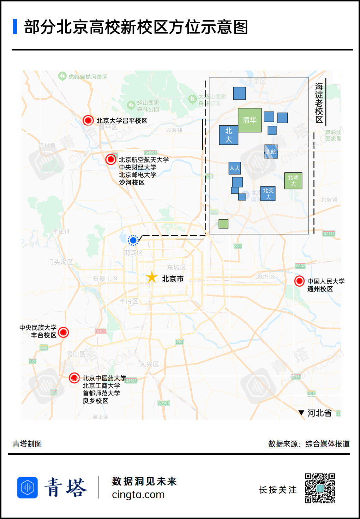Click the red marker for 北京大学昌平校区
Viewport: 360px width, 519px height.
pos(88,120)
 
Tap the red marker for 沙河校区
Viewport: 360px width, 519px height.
pos(111,159)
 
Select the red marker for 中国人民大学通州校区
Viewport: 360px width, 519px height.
pos(299,281)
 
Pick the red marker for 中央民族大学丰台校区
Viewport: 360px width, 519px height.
pos(63,332)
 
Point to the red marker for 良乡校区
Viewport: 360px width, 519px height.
pos(74,378)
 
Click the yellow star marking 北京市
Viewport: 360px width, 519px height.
pos(152,278)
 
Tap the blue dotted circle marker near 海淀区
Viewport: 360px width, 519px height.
pos(133,240)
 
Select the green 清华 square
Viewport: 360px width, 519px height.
pos(250,120)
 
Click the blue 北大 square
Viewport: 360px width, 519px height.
pos(228,135)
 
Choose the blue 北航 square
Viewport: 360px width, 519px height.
pos(271,151)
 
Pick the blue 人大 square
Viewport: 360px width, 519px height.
pos(235,168)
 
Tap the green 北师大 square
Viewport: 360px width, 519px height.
pos(293,180)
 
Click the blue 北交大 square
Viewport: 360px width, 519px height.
pos(268,193)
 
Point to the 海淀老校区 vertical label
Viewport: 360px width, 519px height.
pos(319,102)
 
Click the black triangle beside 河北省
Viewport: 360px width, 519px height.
pos(301,413)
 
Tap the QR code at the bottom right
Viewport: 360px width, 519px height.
pos(320,488)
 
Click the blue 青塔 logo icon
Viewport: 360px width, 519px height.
pos(28,488)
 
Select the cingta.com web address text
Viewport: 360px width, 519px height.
pos(138,495)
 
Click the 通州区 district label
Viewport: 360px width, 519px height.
pos(265,276)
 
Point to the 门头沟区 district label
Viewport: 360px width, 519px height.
pos(60,262)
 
